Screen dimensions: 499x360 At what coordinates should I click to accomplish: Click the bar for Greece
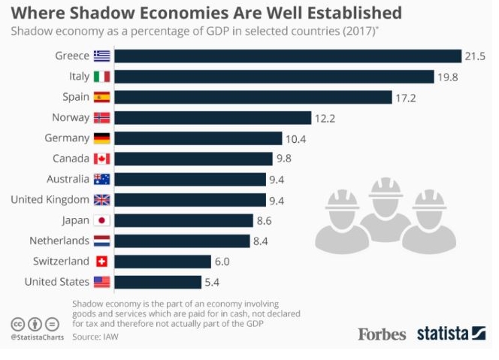288,56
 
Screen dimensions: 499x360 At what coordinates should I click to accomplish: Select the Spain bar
253,97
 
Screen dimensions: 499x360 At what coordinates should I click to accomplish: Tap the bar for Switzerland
163,262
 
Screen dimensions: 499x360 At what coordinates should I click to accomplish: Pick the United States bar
158,282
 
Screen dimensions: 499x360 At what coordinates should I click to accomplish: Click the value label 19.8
448,77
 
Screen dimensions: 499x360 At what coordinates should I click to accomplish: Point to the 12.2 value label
325,119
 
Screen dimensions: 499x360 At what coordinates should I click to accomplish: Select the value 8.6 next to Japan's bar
264,220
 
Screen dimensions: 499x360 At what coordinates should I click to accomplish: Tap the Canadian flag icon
102,159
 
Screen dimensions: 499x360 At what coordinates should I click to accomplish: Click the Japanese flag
102,220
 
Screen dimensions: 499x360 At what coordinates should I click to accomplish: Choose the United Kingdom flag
102,200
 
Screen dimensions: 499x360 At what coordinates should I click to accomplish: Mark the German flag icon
102,138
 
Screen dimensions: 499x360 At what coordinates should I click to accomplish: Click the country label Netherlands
59,241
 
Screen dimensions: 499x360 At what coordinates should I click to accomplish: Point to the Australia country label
68,179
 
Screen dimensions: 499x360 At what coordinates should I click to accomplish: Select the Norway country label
71,117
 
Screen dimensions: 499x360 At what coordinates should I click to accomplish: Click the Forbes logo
382,334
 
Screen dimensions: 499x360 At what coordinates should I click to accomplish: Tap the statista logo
451,333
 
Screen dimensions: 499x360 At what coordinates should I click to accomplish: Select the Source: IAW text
95,337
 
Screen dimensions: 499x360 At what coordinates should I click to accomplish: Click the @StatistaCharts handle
38,337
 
